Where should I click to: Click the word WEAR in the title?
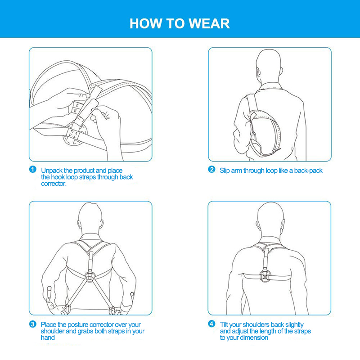(209, 23)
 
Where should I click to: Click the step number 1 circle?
(33, 170)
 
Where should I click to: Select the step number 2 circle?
(211, 170)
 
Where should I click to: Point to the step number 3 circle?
(33, 324)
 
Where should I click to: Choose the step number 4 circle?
(211, 324)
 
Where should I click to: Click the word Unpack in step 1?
(52, 171)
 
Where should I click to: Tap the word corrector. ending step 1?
(54, 184)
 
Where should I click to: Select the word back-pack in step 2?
(308, 171)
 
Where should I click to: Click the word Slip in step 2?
(225, 171)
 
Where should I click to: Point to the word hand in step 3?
(48, 337)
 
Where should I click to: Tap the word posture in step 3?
(78, 325)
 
